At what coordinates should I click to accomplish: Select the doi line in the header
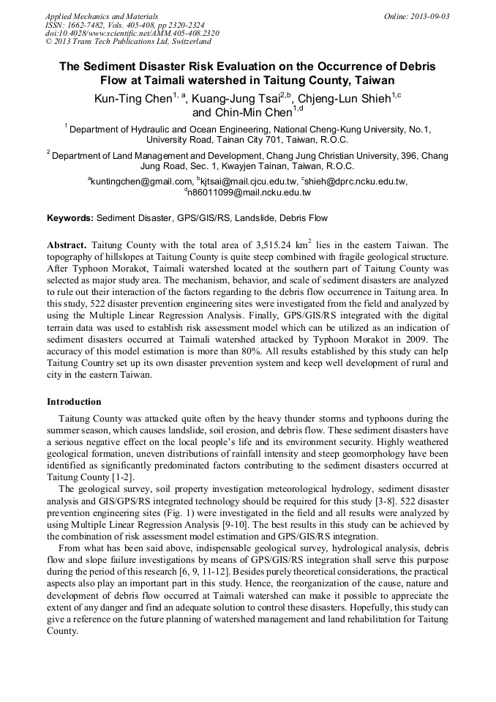point(132,34)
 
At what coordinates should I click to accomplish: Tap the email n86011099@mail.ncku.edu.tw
point(249,193)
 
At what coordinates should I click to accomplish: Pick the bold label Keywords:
point(70,218)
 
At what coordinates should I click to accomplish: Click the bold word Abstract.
point(68,244)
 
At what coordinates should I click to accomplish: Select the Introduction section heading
point(74,402)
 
